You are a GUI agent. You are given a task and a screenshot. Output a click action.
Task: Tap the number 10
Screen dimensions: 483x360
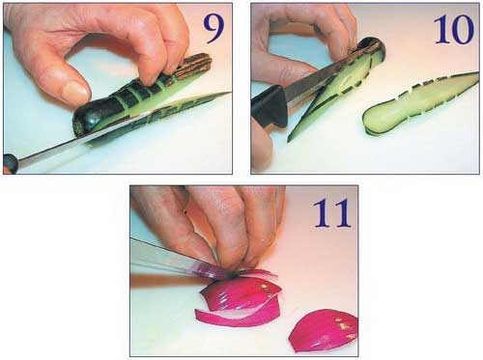click(454, 29)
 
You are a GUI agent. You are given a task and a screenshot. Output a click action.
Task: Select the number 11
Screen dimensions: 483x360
click(331, 213)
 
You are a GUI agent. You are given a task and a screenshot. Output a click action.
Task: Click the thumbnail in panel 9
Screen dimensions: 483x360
click(75, 90)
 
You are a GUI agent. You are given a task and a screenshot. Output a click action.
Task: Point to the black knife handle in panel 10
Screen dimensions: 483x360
click(270, 106)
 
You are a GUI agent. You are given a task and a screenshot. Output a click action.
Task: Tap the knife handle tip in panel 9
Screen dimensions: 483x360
click(10, 163)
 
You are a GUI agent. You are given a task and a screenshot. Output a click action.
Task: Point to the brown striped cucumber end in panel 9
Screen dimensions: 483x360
click(195, 66)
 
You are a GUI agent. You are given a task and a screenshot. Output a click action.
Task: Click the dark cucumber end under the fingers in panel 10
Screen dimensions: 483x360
click(374, 48)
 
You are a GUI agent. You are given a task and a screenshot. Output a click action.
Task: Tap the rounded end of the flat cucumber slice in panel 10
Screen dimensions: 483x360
click(370, 121)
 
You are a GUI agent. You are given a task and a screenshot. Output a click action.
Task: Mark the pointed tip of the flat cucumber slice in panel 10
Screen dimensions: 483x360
click(478, 73)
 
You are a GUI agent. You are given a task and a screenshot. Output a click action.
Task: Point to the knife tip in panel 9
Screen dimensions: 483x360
click(230, 93)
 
